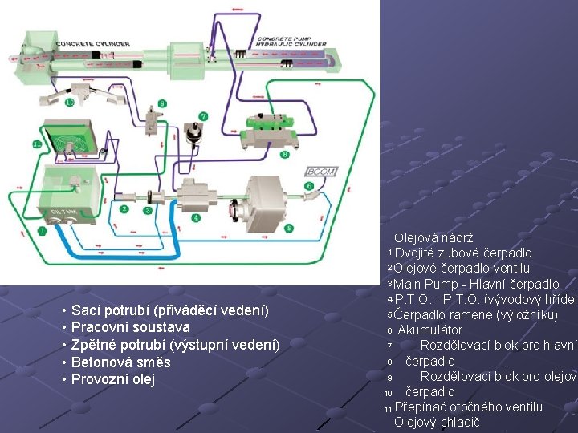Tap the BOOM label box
(x=321, y=172)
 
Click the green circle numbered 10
(x=70, y=103)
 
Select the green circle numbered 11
(x=37, y=144)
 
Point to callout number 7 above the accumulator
(x=202, y=116)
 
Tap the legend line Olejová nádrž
(x=433, y=238)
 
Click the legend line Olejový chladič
(x=437, y=423)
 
